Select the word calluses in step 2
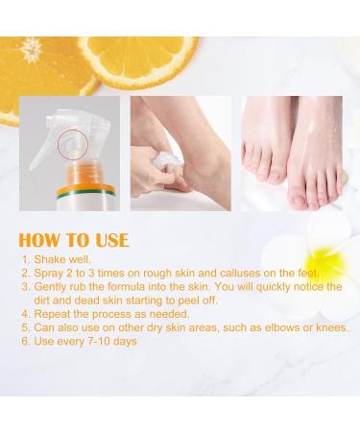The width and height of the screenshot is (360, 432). point(239,274)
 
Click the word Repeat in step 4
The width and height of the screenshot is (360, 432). point(52,314)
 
